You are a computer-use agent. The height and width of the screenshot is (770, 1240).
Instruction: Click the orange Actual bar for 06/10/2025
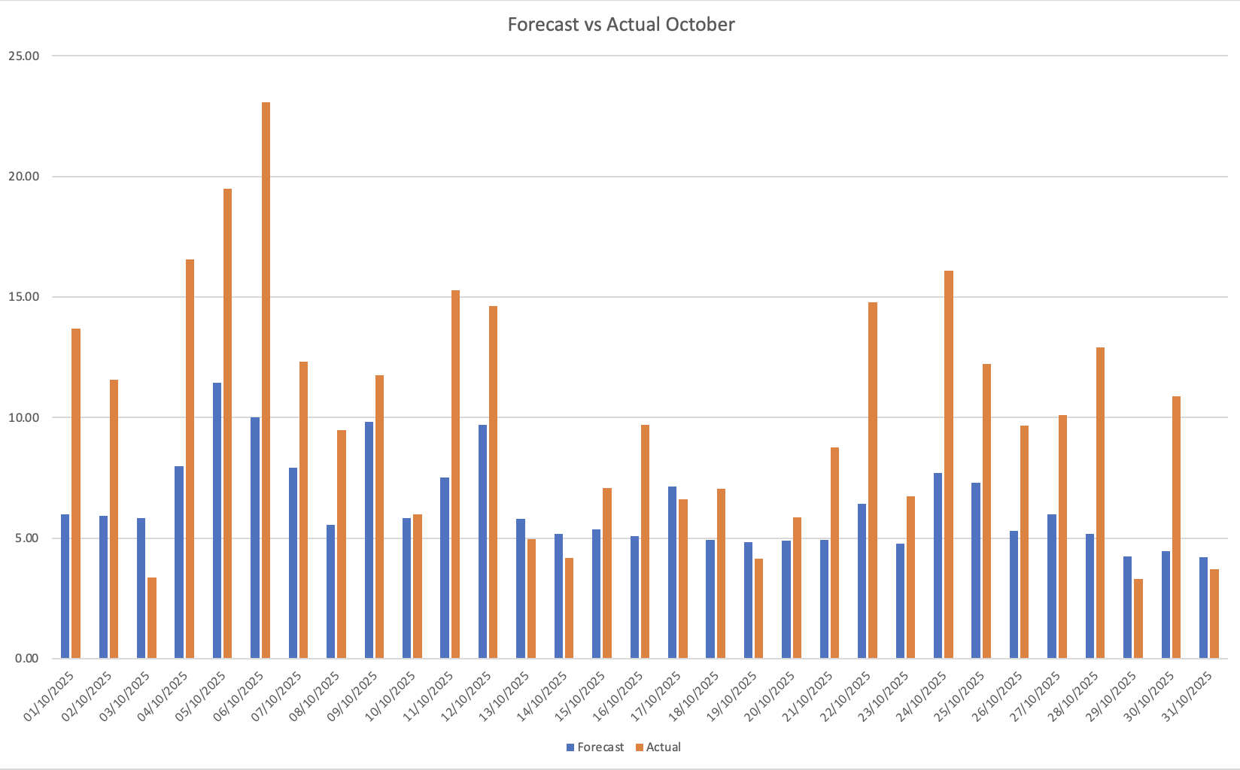coord(266,380)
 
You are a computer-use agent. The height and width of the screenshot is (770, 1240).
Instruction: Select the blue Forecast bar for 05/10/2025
coord(217,520)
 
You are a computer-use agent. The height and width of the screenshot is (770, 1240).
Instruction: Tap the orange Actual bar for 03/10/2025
coord(152,617)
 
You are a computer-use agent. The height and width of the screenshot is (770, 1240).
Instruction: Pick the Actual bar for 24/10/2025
coord(949,464)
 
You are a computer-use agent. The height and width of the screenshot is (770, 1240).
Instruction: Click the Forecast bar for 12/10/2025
coord(482,541)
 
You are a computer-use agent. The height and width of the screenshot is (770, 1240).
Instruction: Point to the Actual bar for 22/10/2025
coord(873,480)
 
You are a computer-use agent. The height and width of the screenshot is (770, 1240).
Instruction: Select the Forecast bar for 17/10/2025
coord(672,572)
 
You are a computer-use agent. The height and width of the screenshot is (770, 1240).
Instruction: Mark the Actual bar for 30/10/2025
coord(1176,527)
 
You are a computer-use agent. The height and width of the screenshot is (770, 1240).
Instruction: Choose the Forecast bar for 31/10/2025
coord(1203,608)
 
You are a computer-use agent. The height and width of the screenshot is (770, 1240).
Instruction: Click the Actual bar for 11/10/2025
coord(455,474)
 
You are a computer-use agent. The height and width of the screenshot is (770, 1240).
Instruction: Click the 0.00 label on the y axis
coord(26,659)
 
